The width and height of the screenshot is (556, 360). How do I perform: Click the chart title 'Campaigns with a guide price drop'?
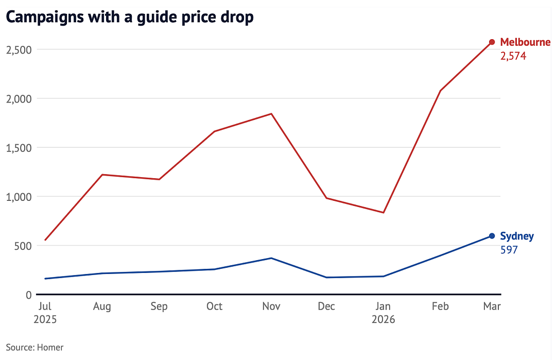point(130,17)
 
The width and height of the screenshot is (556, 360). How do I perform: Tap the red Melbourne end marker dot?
point(492,42)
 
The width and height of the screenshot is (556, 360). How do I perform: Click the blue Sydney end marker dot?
point(492,236)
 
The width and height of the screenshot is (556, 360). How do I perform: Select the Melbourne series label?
point(525,42)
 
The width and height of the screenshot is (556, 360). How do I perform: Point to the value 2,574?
point(513,56)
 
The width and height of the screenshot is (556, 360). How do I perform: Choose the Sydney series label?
point(517,236)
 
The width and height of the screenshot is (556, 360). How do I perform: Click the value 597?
point(509,250)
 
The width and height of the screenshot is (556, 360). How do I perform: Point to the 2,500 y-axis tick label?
point(19,50)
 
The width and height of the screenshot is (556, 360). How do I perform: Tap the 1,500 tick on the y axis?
point(19,148)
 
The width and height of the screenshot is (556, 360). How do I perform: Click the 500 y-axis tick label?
point(23,246)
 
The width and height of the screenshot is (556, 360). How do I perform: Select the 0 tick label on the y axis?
point(29,295)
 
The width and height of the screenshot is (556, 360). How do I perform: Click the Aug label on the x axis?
point(102,306)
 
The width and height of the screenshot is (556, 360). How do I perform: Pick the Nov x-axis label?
point(271,306)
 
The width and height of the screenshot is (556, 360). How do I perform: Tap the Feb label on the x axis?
point(440,306)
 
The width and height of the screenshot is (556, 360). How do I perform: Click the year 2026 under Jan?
point(384,319)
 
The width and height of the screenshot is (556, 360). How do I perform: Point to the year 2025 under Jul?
point(45,319)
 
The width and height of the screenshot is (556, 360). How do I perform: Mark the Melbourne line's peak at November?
point(271,114)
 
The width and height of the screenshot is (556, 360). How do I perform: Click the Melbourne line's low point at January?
point(384,213)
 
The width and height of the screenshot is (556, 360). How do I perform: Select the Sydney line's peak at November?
point(271,258)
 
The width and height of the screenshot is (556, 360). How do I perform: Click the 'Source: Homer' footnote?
point(35,347)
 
